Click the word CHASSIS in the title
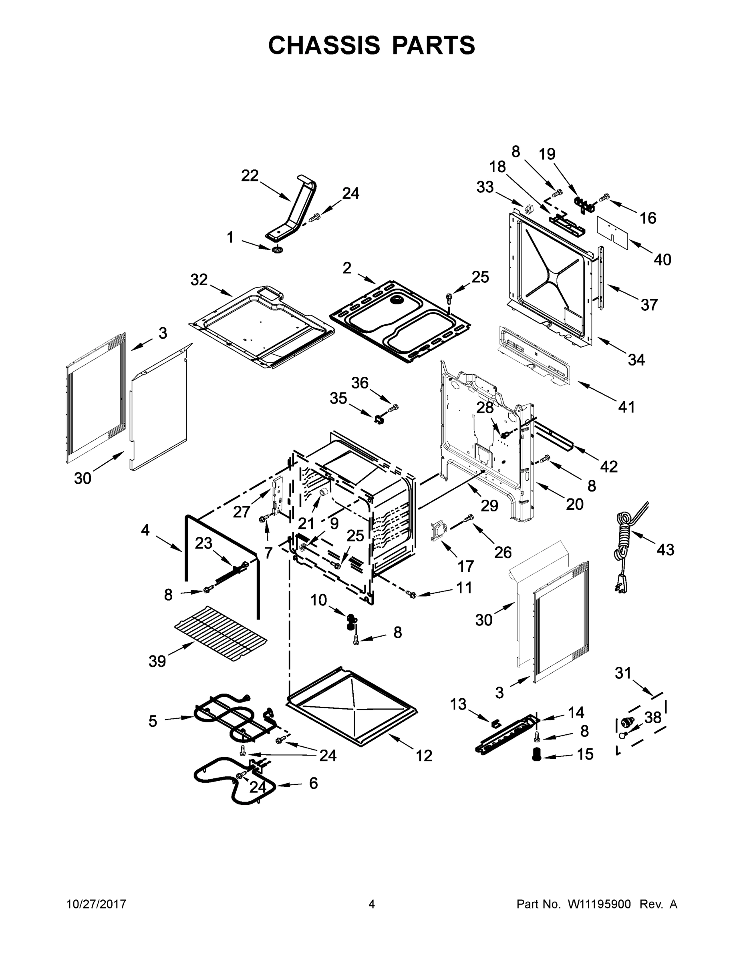tap(324, 45)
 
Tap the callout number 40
tap(662, 259)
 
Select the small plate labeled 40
tap(614, 229)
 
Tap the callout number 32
tap(199, 279)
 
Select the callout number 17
tap(466, 566)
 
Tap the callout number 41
tap(626, 407)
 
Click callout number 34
tap(636, 360)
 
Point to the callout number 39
tap(157, 661)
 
